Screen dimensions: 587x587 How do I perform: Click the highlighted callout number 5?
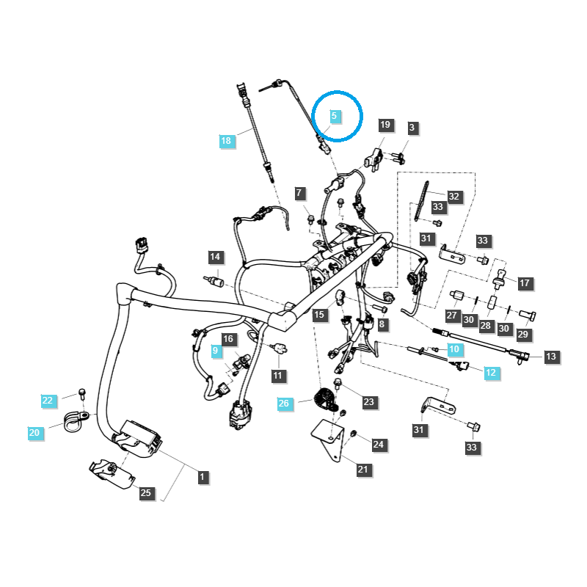[x=333, y=115]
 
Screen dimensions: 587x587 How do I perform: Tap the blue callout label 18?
[x=227, y=140]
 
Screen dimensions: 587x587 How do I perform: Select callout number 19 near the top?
[x=387, y=125]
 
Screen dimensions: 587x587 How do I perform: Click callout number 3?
[x=412, y=128]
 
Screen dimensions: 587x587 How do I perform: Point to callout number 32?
[x=454, y=197]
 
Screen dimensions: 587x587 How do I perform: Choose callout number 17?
[x=524, y=282]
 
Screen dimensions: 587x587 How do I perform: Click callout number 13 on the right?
[x=551, y=357]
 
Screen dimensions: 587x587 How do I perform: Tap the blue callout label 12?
[x=491, y=372]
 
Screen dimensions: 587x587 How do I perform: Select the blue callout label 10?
[x=453, y=349]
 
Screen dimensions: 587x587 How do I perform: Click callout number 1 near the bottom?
[x=202, y=477]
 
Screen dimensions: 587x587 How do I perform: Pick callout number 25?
[x=146, y=493]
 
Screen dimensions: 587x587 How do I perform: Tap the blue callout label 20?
[x=34, y=433]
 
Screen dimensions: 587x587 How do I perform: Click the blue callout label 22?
[x=48, y=400]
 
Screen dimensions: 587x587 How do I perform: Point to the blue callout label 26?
[x=284, y=403]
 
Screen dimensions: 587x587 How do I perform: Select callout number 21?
[x=363, y=470]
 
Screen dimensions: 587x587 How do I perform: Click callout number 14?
[x=215, y=257]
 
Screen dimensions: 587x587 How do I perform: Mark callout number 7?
[x=299, y=194]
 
